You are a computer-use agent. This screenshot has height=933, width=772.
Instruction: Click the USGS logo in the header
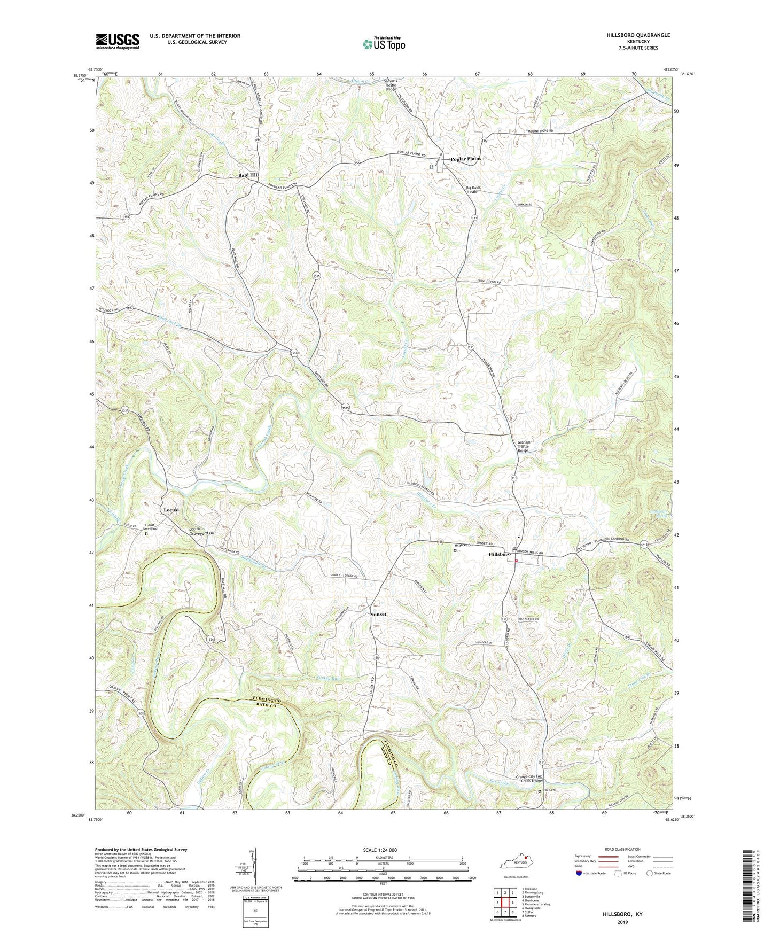pyautogui.click(x=118, y=41)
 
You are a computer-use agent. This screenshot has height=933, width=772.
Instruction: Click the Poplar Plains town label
pyautogui.click(x=466, y=159)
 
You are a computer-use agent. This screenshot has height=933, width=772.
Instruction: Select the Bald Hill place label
pyautogui.click(x=248, y=175)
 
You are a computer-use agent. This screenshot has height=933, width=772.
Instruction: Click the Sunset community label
pyautogui.click(x=378, y=614)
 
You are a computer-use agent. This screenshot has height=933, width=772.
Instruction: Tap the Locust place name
pyautogui.click(x=171, y=510)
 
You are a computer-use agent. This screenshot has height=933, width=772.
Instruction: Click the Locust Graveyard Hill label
pyautogui.click(x=202, y=532)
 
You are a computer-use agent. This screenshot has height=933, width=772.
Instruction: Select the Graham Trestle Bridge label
pyautogui.click(x=524, y=446)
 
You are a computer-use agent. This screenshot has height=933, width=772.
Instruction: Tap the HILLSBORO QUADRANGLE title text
pyautogui.click(x=638, y=35)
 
